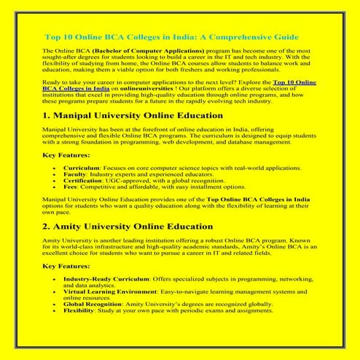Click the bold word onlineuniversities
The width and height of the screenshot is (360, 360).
(126, 91)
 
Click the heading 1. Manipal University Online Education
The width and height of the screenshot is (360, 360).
(133, 116)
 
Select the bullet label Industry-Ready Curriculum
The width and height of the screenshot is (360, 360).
(106, 278)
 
